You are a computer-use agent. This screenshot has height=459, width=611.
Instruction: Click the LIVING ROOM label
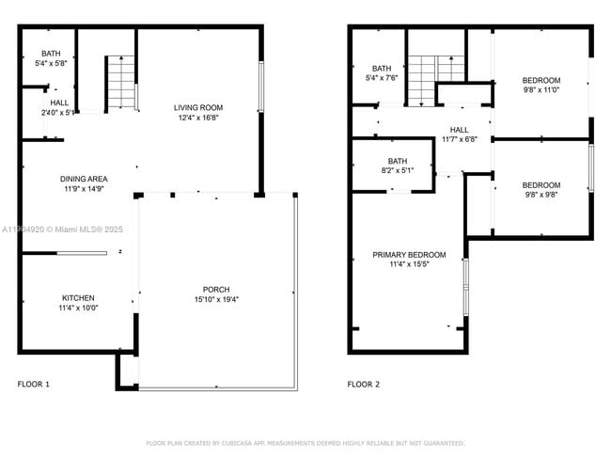tap(198, 107)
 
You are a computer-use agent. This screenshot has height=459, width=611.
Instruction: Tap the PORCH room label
tap(215, 289)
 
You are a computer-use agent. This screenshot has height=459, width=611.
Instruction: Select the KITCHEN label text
tap(78, 297)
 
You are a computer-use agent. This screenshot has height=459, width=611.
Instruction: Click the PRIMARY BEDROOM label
tap(409, 255)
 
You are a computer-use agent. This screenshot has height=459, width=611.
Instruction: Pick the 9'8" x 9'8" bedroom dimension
tap(540, 196)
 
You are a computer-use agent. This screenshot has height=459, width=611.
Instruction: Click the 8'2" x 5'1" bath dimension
tap(398, 171)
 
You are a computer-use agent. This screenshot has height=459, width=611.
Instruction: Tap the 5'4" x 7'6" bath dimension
tap(381, 78)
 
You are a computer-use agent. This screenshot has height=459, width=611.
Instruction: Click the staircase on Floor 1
tap(120, 83)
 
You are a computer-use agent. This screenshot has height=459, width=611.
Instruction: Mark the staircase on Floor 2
tap(437, 73)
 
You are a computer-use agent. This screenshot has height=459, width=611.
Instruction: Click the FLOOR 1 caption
tap(34, 384)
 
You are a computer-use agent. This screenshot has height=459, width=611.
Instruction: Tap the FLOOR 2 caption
tap(364, 384)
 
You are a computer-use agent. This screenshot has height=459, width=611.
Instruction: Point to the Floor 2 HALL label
tap(459, 130)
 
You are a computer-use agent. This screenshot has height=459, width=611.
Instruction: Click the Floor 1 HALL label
tap(59, 103)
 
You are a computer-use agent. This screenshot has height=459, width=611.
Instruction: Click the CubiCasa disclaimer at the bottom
tap(305, 443)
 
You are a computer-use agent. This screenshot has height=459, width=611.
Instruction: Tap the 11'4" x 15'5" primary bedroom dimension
tap(409, 265)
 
